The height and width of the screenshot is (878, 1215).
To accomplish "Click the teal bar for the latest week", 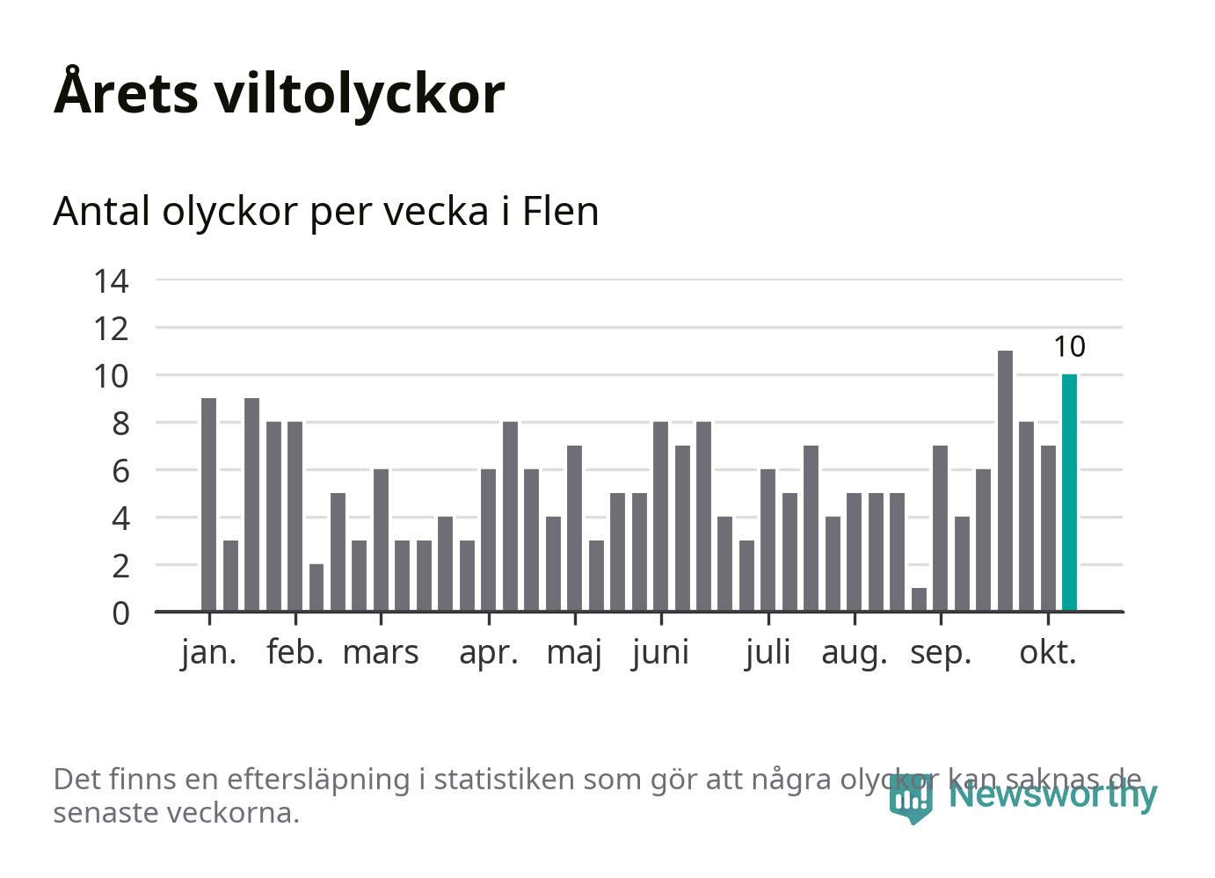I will (1069, 492).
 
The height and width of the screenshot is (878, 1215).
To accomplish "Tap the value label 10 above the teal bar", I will (1069, 347).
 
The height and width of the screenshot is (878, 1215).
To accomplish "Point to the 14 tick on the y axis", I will (112, 281).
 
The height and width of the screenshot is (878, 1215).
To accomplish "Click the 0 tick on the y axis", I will (120, 613).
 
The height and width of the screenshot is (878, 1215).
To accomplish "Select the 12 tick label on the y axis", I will (112, 329).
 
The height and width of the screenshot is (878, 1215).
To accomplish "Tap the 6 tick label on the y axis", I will (120, 471).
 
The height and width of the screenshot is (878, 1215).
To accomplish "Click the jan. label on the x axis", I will (209, 653).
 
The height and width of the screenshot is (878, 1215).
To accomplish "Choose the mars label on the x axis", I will (381, 653).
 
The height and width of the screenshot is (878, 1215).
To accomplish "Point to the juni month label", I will (660, 653).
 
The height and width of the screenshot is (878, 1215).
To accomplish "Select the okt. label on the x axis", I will (1048, 653).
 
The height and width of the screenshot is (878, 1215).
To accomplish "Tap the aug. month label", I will (855, 653).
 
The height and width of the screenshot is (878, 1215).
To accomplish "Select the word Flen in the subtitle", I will (560, 211).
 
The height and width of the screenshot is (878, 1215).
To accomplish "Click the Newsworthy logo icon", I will (910, 797).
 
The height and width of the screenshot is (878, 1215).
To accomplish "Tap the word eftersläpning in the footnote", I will (318, 779).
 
